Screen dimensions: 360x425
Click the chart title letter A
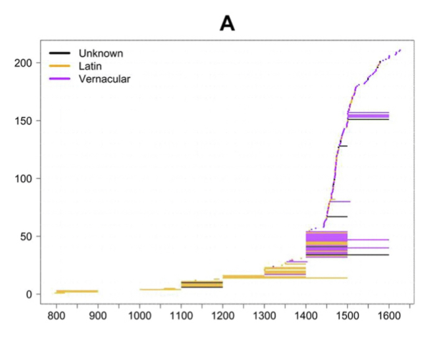pos(227,23)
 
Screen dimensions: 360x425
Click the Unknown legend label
pos(96,53)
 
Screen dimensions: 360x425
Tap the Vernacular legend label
pos(101,78)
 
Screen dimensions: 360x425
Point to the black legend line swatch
pos(59,53)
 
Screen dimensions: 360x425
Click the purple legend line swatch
pos(59,78)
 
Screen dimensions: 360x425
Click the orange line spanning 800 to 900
pos(78,291)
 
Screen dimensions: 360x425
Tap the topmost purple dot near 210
pos(400,50)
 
